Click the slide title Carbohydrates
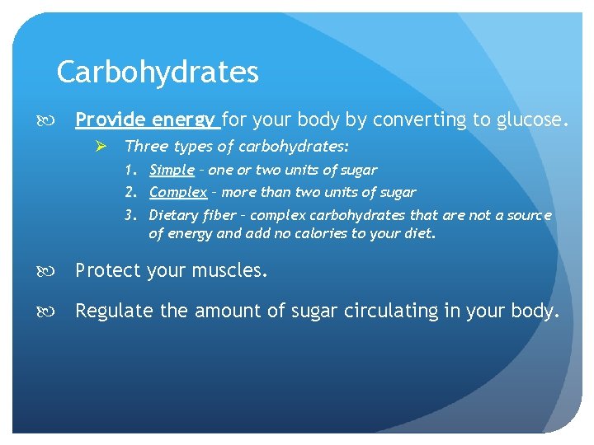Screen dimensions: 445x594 click(158, 73)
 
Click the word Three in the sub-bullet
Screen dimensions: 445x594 click(144, 147)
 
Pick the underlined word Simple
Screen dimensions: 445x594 click(172, 171)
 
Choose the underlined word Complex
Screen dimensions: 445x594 click(178, 193)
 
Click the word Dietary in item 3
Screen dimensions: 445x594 click(173, 216)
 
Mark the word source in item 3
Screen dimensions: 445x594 click(529, 216)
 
